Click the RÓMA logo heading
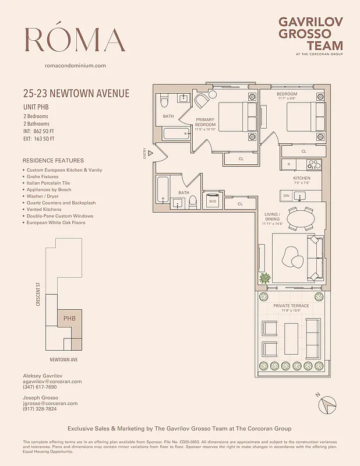click(75, 39)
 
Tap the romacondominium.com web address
click(75, 66)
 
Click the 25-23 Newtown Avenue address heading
click(76, 93)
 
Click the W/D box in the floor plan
click(212, 201)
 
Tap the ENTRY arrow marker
click(150, 153)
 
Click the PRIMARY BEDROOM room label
click(205, 122)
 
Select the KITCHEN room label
click(301, 178)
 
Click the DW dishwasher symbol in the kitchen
click(287, 196)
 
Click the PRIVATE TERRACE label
click(291, 306)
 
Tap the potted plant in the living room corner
click(266, 278)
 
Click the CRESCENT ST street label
click(37, 295)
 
